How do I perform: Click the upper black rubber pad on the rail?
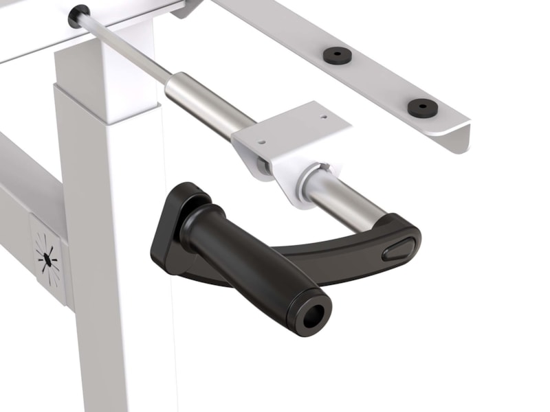click(337, 54)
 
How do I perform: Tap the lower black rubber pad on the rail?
click(421, 108)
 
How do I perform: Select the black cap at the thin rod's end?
click(78, 14)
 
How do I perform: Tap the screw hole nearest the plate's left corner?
click(261, 142)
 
